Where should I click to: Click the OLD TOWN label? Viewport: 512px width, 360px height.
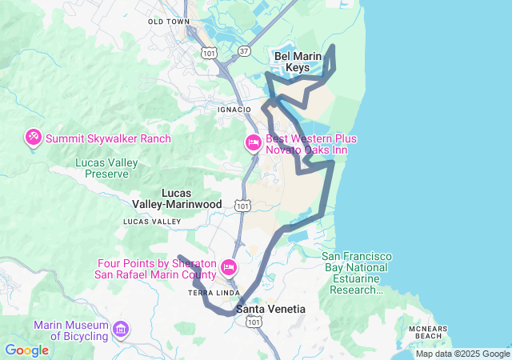169,22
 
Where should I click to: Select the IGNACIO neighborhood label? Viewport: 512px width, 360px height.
234,109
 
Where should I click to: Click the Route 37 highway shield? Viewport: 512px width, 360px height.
245,51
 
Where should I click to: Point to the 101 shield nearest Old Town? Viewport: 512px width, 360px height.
209,53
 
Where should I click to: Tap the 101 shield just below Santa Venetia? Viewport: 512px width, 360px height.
254,321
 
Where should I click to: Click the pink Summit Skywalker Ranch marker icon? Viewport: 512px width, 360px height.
34,138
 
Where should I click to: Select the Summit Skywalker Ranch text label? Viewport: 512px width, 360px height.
108,138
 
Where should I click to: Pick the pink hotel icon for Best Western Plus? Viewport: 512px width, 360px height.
253,143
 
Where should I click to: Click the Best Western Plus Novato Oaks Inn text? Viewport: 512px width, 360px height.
311,145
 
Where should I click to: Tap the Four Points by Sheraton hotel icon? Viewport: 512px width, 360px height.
229,266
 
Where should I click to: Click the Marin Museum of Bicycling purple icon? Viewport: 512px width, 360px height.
122,329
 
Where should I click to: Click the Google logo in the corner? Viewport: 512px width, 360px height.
26,350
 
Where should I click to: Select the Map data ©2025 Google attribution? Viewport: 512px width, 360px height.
462,354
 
